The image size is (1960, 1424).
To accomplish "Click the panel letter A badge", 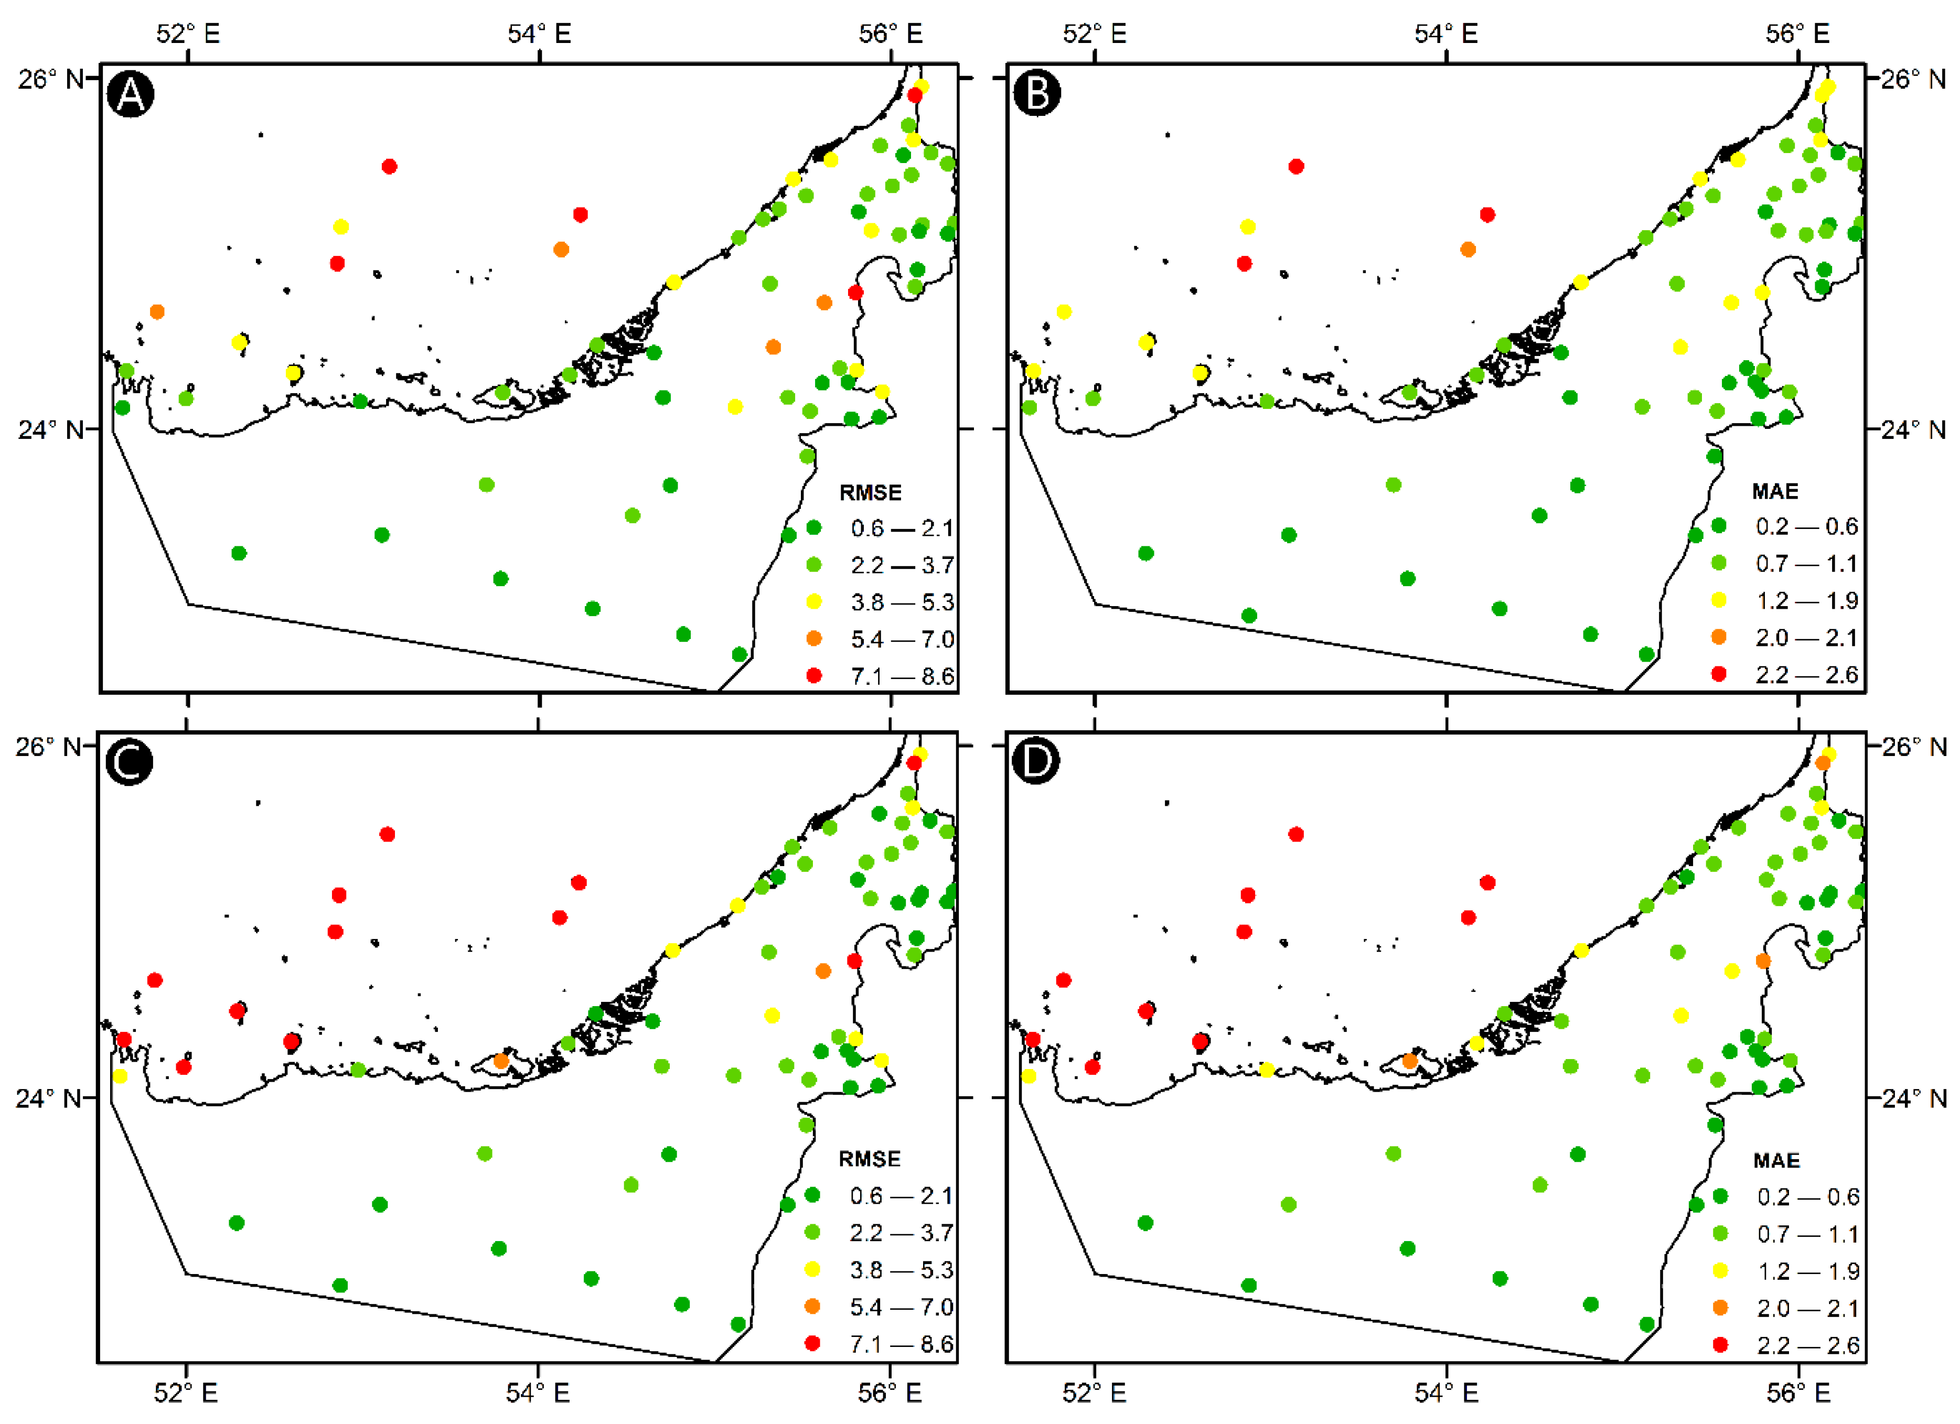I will [x=131, y=93].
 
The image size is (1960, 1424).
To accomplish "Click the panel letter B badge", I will [x=1037, y=93].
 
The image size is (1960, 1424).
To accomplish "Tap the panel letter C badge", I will [x=129, y=761].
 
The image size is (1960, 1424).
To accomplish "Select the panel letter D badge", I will [x=1035, y=761].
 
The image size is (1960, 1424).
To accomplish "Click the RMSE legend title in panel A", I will [x=870, y=492].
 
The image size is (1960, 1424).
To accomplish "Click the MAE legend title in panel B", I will [x=1775, y=491].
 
